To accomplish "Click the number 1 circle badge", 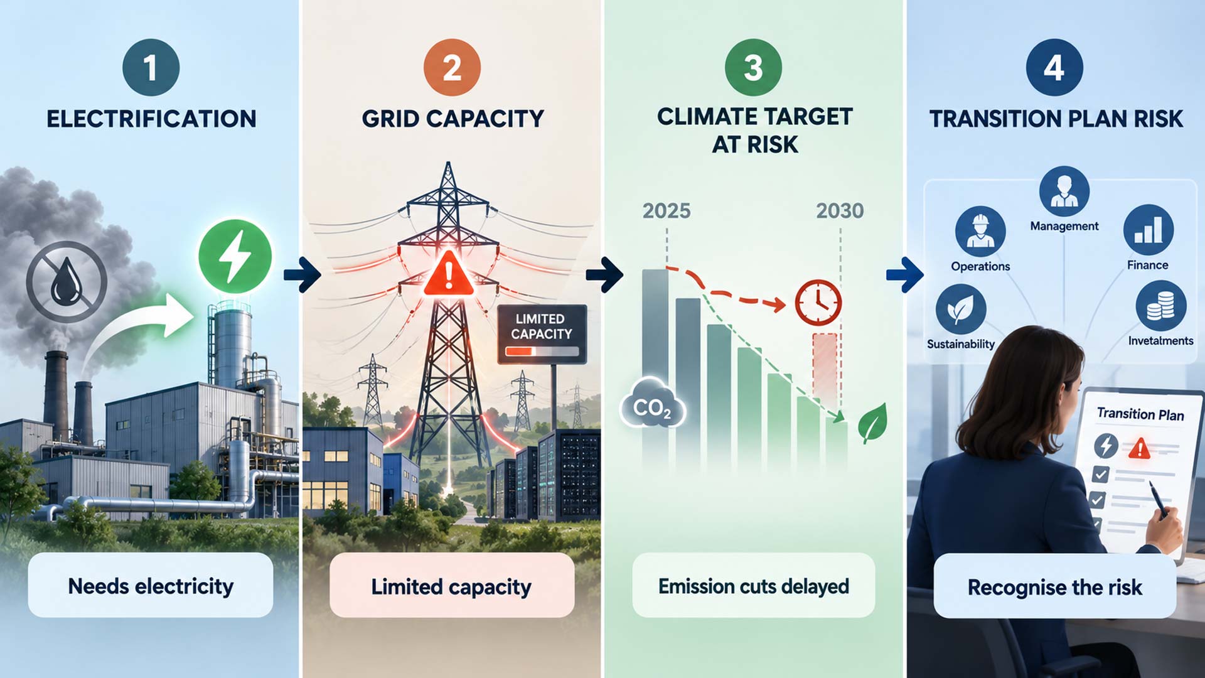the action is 151,67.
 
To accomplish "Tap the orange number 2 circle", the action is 452,67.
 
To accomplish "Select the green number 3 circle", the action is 753,67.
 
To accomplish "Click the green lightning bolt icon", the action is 235,256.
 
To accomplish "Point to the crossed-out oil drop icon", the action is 67,282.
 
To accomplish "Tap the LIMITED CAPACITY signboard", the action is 542,334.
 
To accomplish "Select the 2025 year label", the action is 667,211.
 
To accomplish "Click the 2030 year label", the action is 840,211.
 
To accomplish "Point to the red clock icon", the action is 818,303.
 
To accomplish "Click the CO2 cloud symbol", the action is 653,404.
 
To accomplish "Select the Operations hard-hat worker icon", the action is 980,231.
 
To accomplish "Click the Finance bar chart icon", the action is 1149,230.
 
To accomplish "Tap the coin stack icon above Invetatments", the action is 1161,306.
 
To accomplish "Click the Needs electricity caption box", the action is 151,586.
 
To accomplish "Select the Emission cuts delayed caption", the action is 753,586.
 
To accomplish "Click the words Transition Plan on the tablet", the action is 1140,414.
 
